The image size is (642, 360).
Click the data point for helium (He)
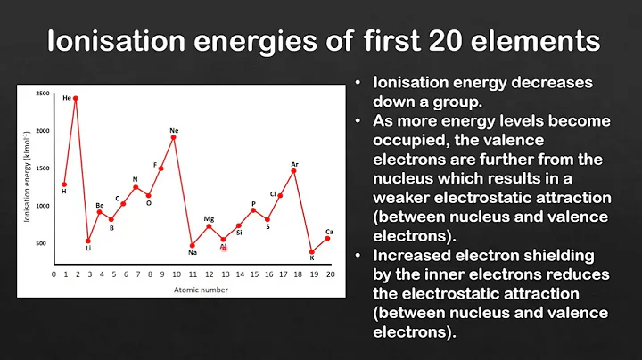point(76,98)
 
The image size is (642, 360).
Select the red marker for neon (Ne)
point(173,137)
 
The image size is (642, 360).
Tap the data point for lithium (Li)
point(88,241)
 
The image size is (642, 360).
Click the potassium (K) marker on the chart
point(312,252)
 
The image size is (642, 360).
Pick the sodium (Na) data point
point(192,245)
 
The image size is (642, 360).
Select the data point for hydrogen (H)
point(64,184)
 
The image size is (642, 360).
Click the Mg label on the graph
point(209,218)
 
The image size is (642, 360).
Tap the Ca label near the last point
point(329,232)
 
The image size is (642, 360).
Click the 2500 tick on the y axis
point(42,94)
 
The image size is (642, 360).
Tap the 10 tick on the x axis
point(174,274)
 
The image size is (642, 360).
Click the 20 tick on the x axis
point(330,274)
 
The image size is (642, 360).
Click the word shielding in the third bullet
point(564,255)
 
